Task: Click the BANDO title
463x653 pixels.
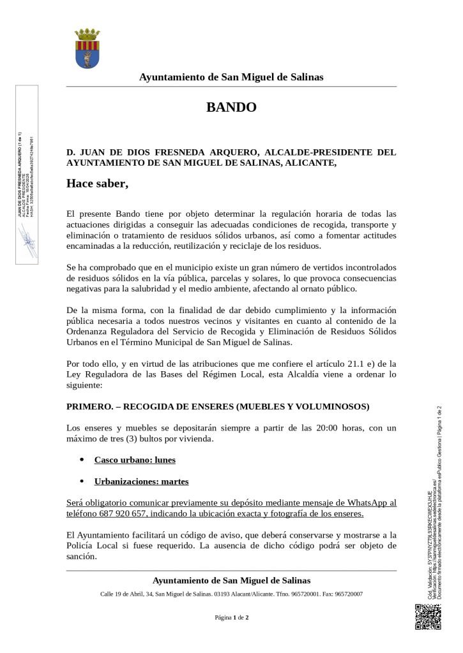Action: [231, 107]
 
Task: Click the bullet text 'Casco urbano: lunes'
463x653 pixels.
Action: [135, 460]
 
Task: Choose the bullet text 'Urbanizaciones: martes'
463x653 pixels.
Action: [141, 481]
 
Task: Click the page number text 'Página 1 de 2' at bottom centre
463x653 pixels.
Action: [231, 617]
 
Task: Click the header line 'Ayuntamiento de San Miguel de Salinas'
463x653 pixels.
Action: [231, 77]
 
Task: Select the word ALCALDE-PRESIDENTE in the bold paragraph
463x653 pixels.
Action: [315, 152]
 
